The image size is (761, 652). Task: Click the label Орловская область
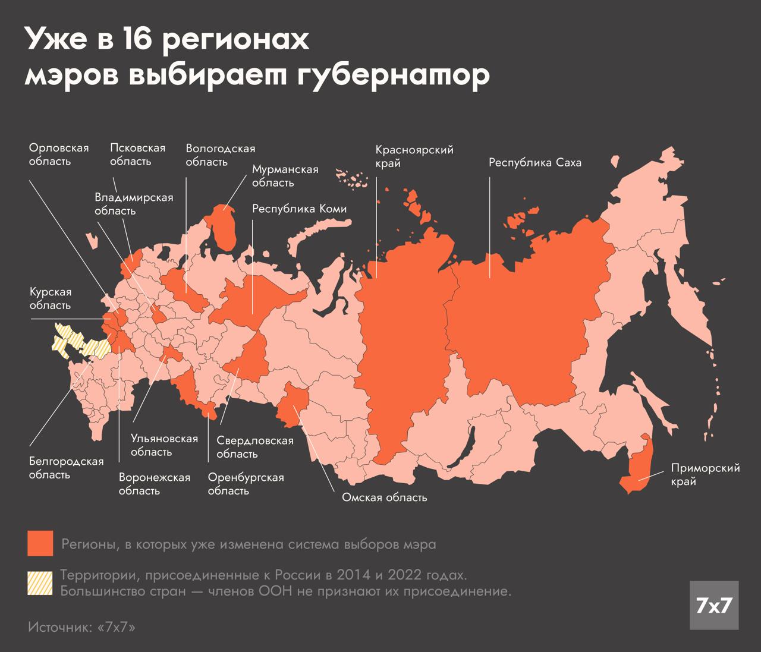point(59,155)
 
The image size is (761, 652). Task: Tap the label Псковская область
point(137,155)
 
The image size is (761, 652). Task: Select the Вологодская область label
point(220,155)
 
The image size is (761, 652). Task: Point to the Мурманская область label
point(285,176)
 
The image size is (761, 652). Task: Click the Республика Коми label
point(299,209)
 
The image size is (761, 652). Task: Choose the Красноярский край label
point(414,156)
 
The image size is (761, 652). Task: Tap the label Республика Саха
point(534,162)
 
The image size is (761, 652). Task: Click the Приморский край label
point(705,474)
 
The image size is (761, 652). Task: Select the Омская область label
point(384,497)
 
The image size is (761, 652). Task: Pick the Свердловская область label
point(254,447)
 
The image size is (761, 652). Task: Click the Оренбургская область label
point(246,484)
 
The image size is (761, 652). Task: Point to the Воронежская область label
point(154,484)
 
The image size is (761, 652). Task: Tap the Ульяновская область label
point(163,445)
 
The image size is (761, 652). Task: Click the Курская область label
point(51,298)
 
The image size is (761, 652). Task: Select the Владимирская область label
point(134,204)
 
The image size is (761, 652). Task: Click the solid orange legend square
point(40,543)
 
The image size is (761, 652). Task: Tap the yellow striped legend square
point(40,584)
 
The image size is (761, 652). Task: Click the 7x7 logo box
point(713,605)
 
